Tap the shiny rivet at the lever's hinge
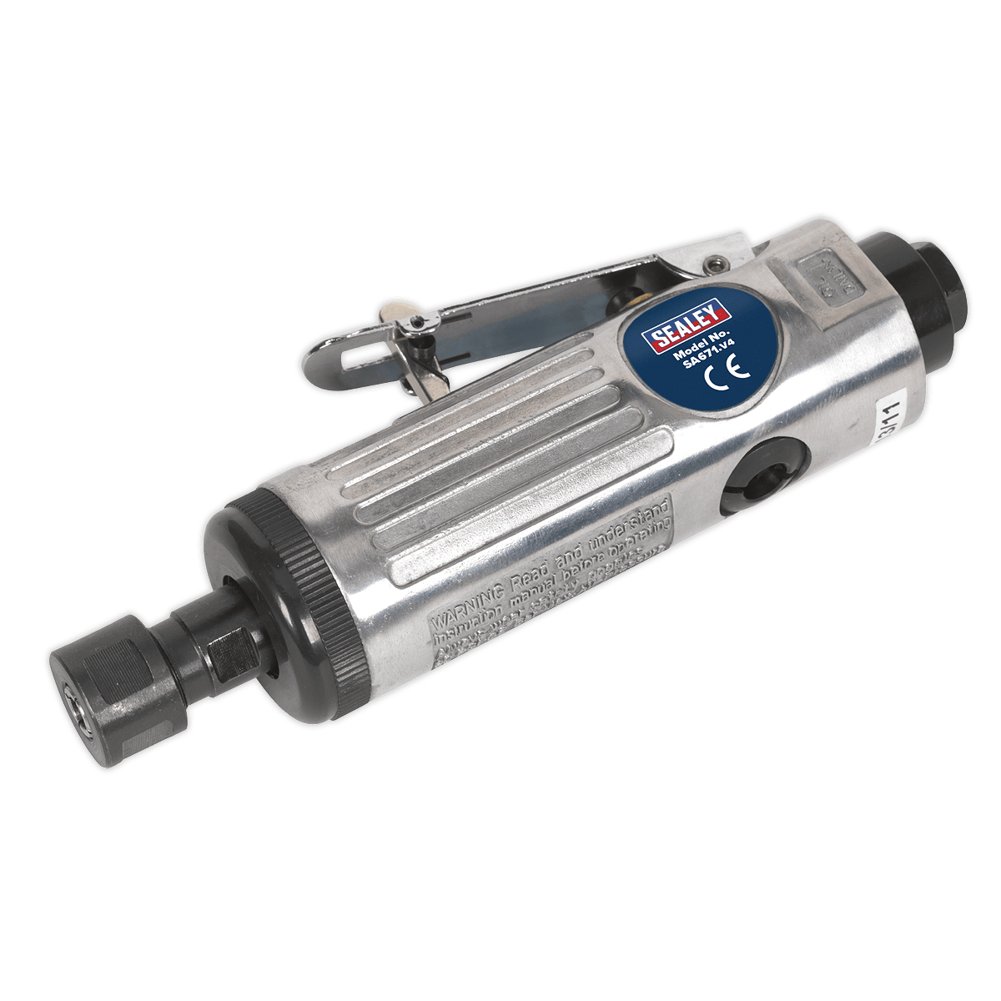click(712, 265)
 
